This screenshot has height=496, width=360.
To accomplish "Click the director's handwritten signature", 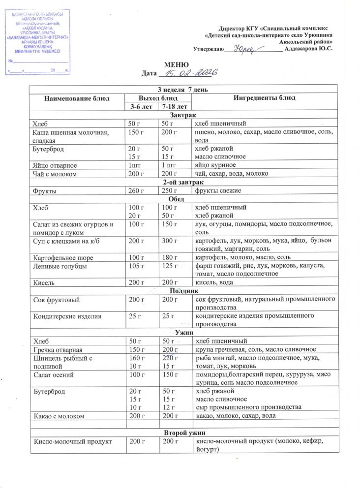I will coord(244,49).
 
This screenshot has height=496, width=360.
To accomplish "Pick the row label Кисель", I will coord(44,283).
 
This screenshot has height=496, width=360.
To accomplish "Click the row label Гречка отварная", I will coord(58,349).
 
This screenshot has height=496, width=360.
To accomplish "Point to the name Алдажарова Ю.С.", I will coord(309,49).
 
